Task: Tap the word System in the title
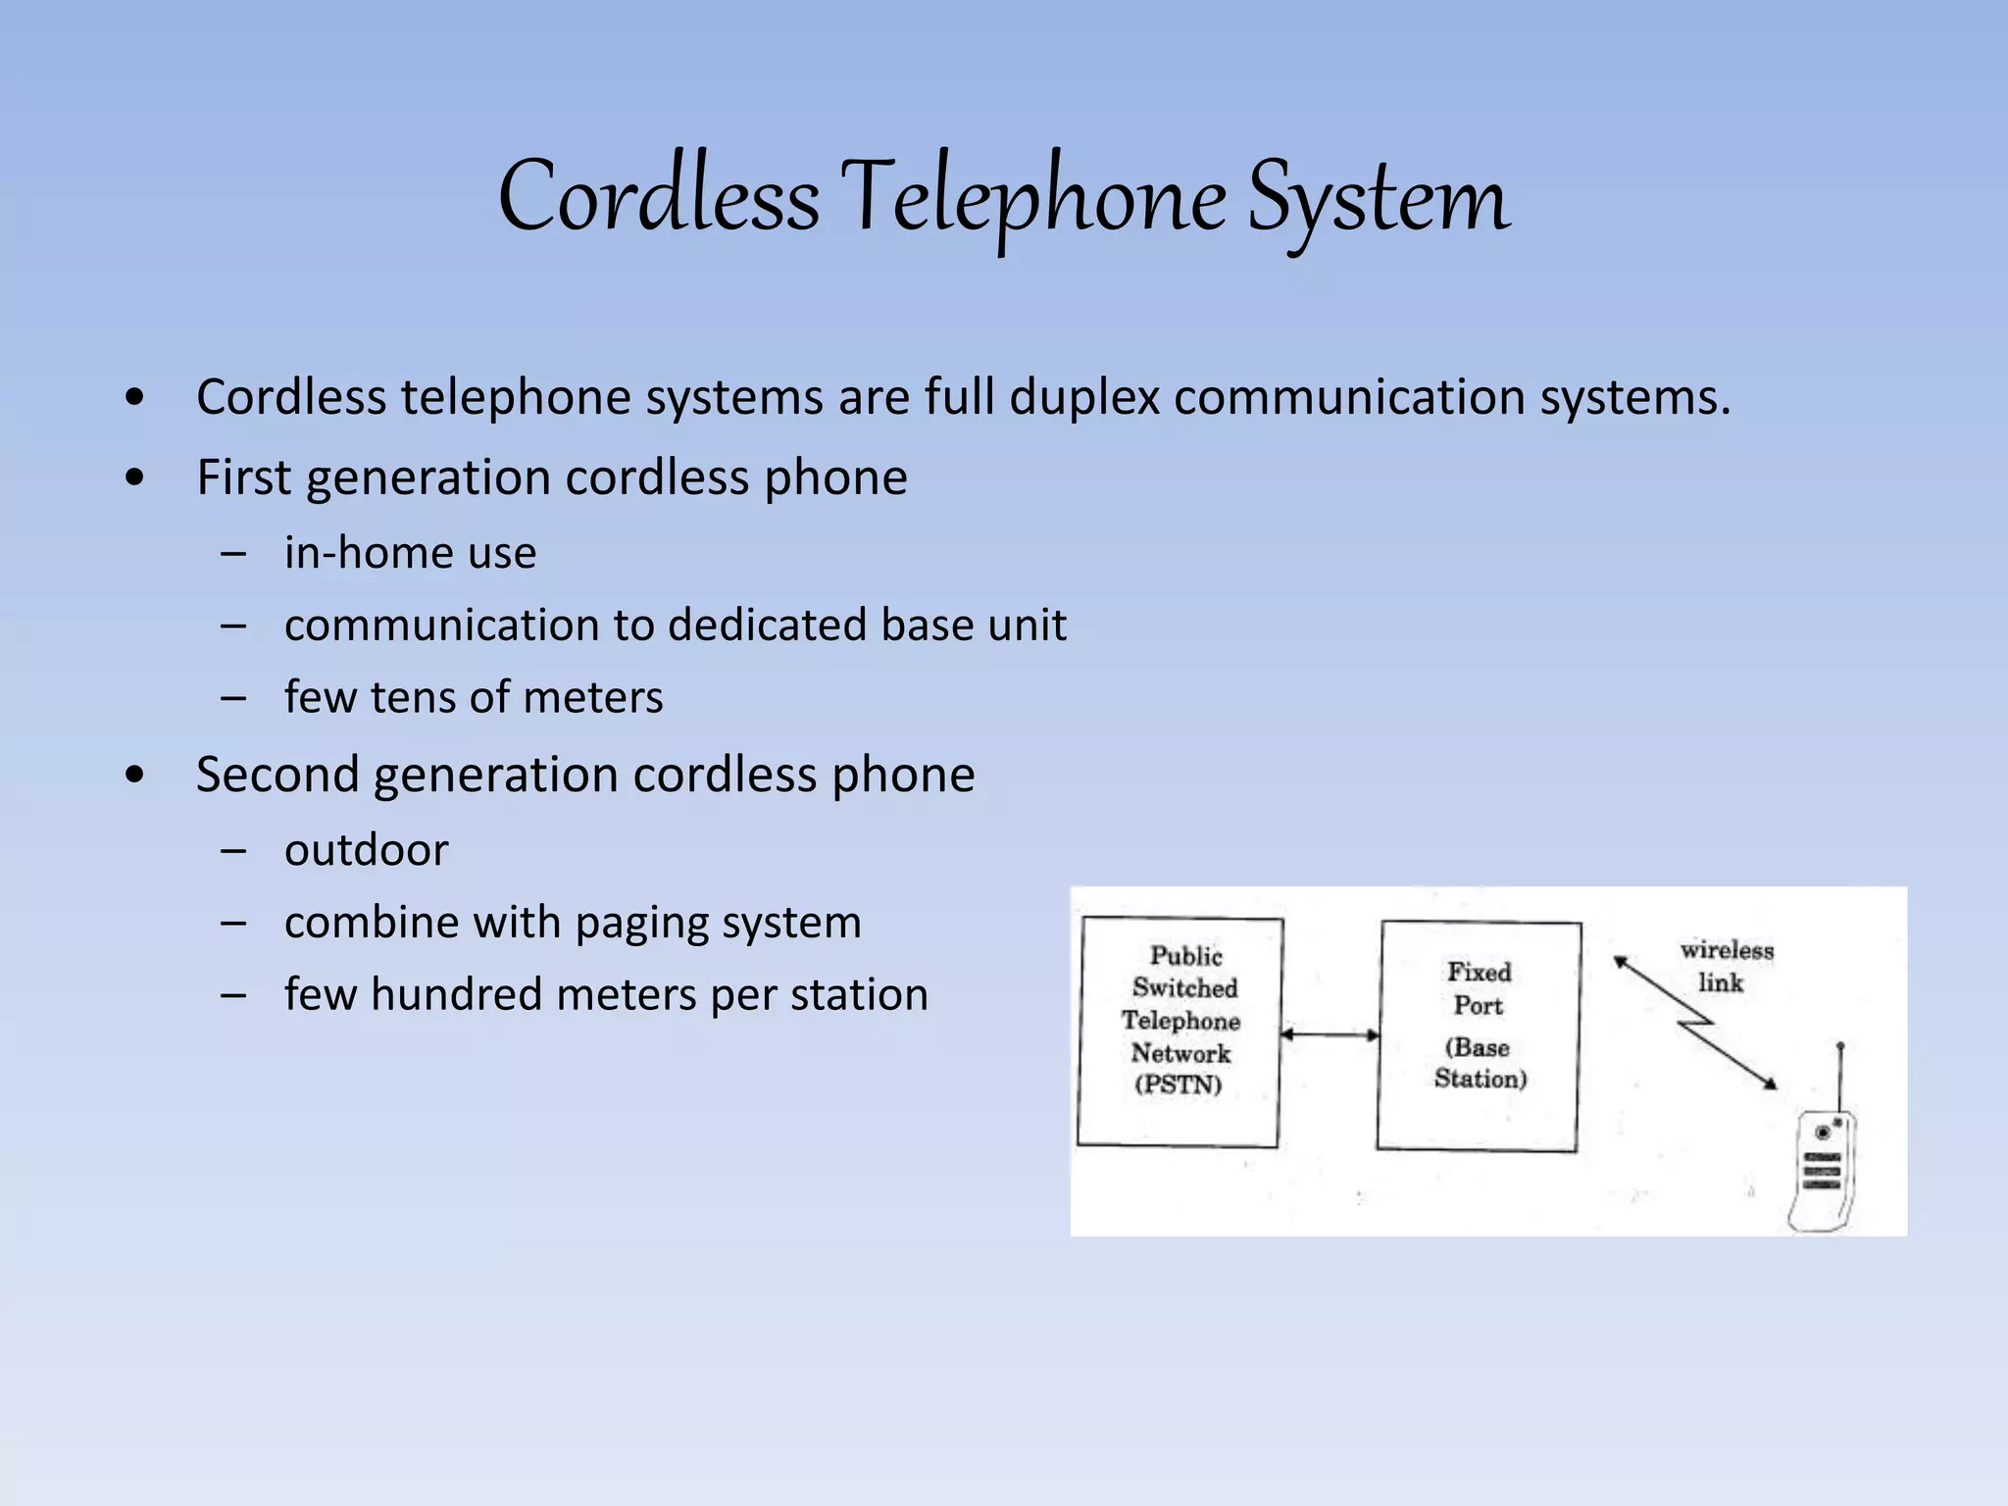pyautogui.click(x=1378, y=199)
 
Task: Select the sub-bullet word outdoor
pyautogui.click(x=366, y=850)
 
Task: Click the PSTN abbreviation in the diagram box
pyautogui.click(x=1179, y=1084)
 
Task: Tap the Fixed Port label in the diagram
pyautogui.click(x=1479, y=988)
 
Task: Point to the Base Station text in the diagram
pyautogui.click(x=1481, y=1063)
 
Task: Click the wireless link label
pyautogui.click(x=1726, y=966)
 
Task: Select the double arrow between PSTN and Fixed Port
pyautogui.click(x=1330, y=1034)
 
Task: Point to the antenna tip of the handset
pyautogui.click(x=1840, y=1047)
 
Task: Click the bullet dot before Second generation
pyautogui.click(x=135, y=776)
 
